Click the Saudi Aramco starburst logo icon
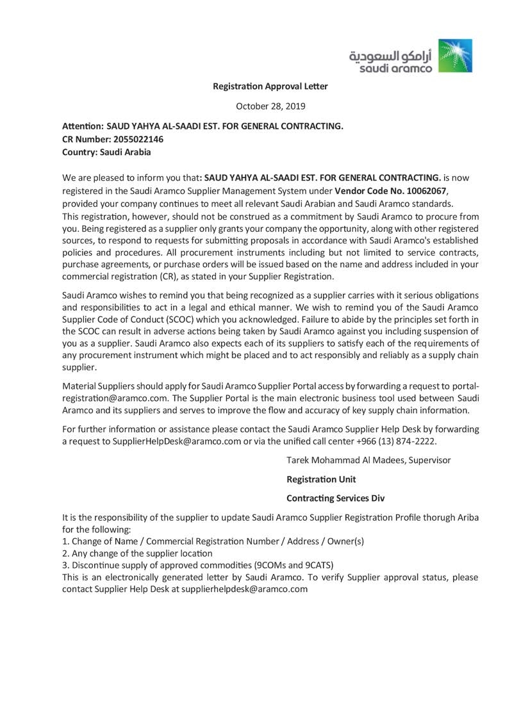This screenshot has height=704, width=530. click(456, 56)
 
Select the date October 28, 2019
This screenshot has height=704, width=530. click(270, 106)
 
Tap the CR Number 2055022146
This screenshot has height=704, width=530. click(138, 139)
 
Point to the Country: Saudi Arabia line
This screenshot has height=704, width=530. click(106, 152)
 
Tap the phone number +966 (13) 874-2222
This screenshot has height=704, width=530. click(399, 441)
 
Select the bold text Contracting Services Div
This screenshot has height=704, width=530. click(335, 498)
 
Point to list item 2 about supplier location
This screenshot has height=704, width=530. click(137, 553)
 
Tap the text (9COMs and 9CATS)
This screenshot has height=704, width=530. click(294, 565)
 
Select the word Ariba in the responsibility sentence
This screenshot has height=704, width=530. click(466, 518)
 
